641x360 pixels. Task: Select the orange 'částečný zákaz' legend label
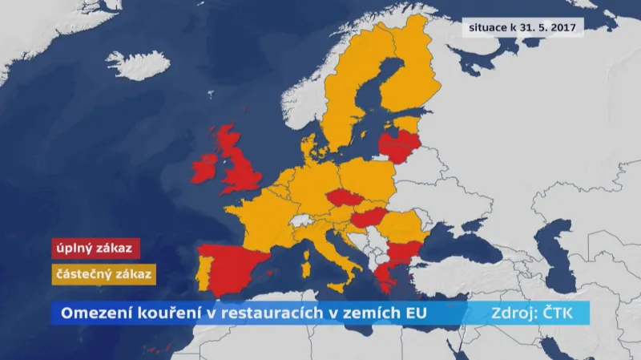point(103,273)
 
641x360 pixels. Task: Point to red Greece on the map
point(383,275)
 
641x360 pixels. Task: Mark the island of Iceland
point(137,64)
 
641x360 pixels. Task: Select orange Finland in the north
point(409,72)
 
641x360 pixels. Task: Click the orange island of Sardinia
point(305,264)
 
